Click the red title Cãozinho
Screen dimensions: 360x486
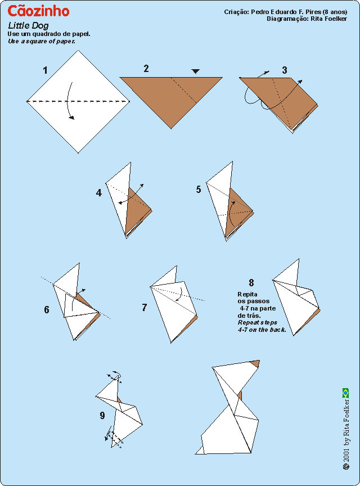click(x=38, y=11)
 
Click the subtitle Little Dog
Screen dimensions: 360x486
click(x=28, y=26)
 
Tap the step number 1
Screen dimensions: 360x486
click(x=45, y=70)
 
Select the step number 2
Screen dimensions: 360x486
click(x=146, y=69)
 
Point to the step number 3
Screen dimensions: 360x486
click(x=284, y=70)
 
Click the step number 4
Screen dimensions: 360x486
click(x=98, y=193)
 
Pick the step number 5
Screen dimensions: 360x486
click(x=199, y=189)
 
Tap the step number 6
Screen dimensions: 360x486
click(x=47, y=309)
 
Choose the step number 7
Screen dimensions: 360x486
click(x=144, y=308)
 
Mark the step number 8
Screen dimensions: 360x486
click(x=251, y=282)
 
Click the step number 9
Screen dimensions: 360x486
click(x=102, y=415)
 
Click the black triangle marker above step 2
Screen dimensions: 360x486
click(x=195, y=71)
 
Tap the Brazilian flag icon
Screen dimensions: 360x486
click(x=345, y=393)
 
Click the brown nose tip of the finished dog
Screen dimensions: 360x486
click(x=256, y=363)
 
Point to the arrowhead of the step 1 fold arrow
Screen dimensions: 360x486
click(x=72, y=118)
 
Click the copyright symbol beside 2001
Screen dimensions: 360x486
click(x=346, y=467)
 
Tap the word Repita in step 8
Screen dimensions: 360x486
click(x=247, y=294)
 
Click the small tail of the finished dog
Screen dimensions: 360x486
click(x=201, y=451)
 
